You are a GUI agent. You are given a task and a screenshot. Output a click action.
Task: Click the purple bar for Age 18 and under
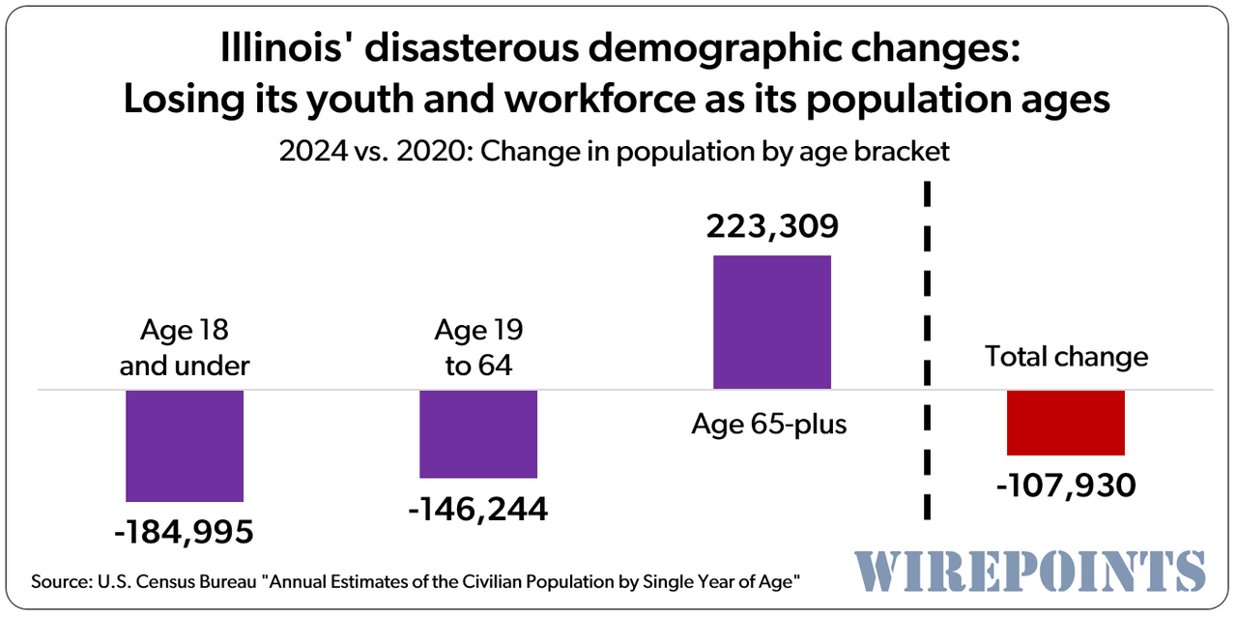coord(185,445)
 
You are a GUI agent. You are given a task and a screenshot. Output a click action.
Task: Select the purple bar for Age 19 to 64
coord(478,433)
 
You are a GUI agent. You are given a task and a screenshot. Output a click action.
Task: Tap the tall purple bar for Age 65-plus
coord(771,322)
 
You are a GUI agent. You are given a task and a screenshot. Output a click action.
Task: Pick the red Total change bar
coord(1065,423)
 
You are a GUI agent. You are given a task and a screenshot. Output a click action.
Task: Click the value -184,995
coord(185,531)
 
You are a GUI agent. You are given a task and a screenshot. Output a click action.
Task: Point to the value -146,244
coord(478,508)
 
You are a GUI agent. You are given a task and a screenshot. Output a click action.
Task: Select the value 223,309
coord(771,227)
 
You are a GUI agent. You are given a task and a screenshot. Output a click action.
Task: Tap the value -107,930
coord(1066,484)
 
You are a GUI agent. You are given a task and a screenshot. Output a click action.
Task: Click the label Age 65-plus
coord(769,424)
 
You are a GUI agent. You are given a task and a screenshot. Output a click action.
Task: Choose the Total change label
coord(1067,356)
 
